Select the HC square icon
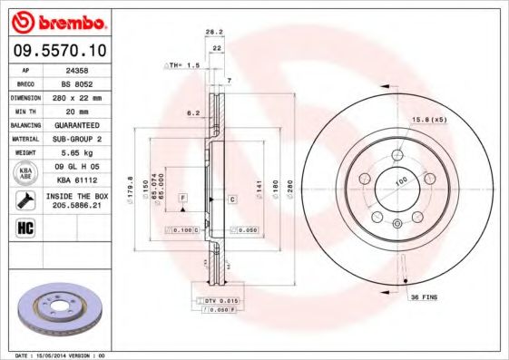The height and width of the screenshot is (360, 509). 25,227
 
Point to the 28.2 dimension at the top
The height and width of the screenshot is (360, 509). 213,31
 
